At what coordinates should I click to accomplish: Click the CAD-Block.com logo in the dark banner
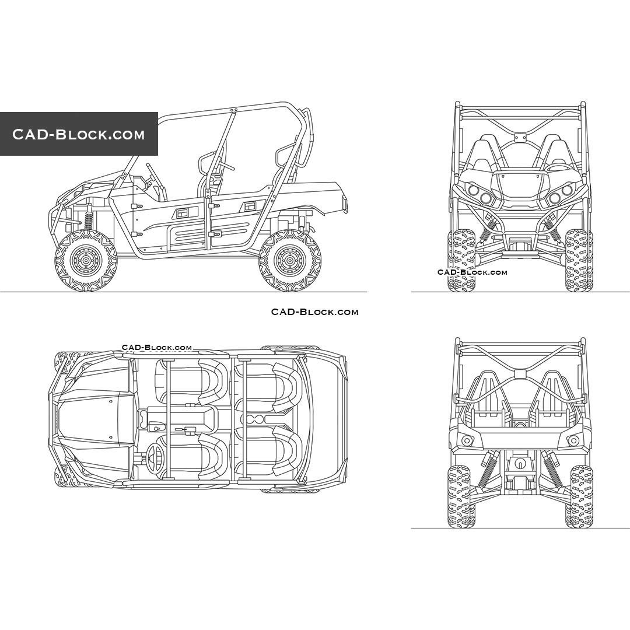click(x=79, y=134)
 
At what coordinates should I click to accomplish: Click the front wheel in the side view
click(x=86, y=261)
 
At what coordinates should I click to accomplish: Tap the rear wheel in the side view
click(x=290, y=261)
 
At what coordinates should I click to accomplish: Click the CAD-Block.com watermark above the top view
click(x=156, y=348)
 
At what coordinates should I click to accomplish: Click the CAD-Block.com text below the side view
click(x=314, y=312)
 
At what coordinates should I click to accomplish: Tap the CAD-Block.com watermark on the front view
click(x=472, y=272)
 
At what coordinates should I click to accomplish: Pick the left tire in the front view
click(x=461, y=260)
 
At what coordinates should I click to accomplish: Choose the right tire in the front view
click(x=578, y=260)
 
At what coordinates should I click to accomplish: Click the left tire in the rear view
click(x=460, y=496)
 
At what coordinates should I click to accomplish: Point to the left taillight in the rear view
click(x=465, y=440)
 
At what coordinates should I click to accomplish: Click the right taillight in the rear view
click(x=574, y=440)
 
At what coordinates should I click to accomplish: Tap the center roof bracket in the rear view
click(x=520, y=374)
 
